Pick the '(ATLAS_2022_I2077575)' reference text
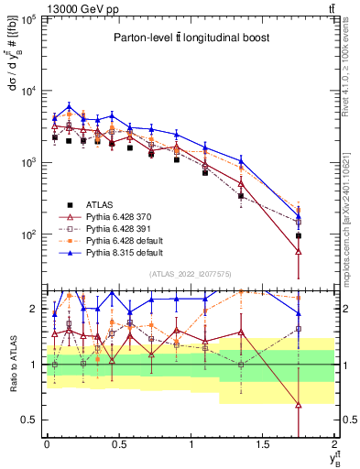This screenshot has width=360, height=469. coord(189,274)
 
